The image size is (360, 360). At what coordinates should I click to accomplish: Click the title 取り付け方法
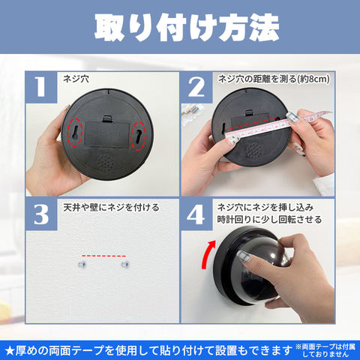187,27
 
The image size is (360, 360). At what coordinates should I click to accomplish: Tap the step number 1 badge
41,87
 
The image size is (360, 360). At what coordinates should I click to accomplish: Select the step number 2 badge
196,87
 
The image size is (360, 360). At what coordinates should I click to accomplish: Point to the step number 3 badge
41,214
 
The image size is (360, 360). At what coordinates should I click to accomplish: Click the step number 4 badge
196,214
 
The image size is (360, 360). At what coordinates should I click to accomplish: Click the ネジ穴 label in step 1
76,79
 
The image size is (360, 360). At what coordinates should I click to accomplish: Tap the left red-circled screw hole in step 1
75,133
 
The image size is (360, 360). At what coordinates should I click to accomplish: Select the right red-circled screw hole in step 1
139,136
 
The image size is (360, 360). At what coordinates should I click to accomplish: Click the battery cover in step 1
107,134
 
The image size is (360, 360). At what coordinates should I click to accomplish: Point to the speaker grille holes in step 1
105,163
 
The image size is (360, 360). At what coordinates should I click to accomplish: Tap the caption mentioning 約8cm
274,79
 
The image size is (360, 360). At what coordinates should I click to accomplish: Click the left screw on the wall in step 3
82,264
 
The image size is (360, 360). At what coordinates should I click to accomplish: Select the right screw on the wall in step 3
125,264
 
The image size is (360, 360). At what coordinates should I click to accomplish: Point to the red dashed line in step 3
103,256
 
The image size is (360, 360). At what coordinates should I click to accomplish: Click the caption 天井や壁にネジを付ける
111,207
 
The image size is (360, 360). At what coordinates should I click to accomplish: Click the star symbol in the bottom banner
10,351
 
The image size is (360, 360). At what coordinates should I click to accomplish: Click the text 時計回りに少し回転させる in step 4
269,220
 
